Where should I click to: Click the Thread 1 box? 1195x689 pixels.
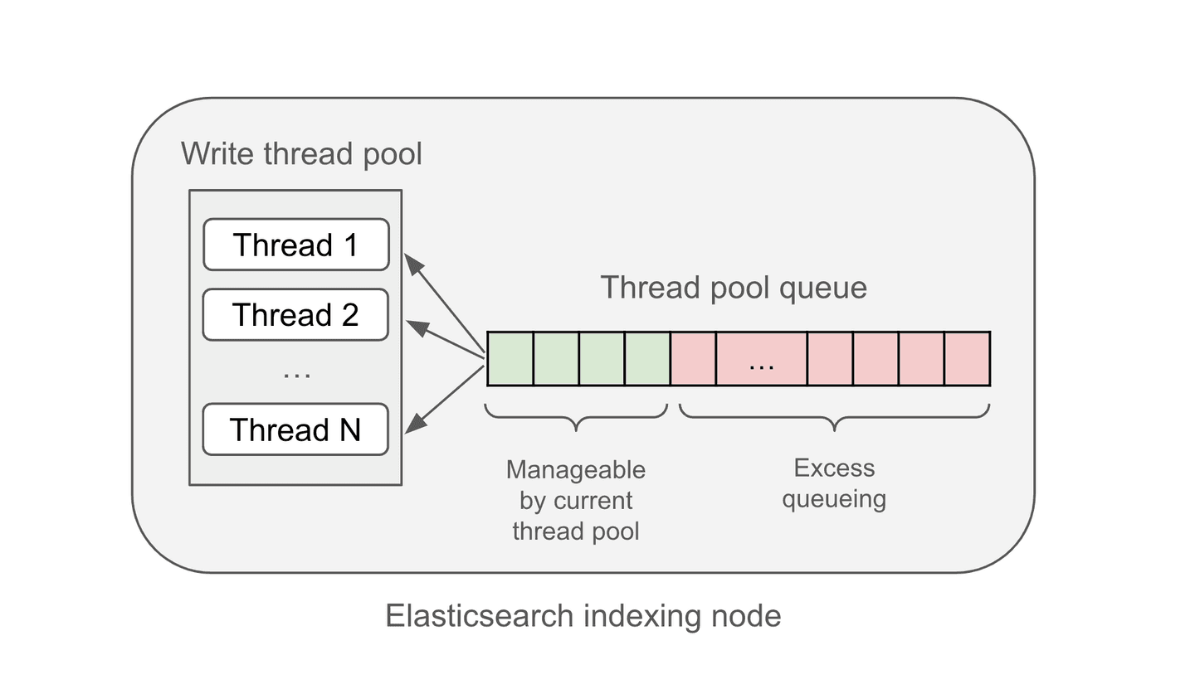295,245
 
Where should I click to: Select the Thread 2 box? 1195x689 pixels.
295,315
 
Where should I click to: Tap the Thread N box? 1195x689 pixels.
295,429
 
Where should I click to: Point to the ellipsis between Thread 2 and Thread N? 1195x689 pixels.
296,375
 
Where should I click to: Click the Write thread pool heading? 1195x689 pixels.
301,154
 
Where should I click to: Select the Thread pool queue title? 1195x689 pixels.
734,288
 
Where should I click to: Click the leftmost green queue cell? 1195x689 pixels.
510,359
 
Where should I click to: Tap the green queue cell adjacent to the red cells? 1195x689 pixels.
647,359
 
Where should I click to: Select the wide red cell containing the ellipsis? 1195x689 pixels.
761,359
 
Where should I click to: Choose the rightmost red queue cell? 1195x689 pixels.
967,359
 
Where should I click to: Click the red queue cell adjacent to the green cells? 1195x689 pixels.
693,359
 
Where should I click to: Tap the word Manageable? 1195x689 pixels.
575,470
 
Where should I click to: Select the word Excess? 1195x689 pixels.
834,468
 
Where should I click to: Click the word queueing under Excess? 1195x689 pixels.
834,499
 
